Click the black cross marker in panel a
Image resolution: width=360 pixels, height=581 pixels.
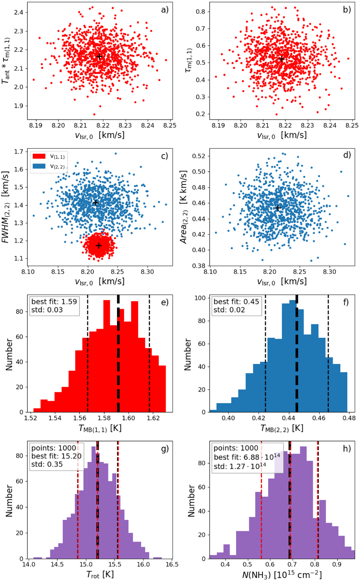[x=100, y=56]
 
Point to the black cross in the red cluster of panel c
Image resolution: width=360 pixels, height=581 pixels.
[x=99, y=246]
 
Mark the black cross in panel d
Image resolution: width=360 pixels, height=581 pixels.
[x=278, y=208]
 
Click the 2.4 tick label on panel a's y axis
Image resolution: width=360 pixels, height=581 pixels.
[x=19, y=12]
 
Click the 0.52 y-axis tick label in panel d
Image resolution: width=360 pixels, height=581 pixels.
[x=201, y=156]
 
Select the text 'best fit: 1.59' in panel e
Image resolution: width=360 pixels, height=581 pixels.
[x=54, y=301]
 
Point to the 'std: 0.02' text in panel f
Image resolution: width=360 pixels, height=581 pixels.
[x=229, y=310]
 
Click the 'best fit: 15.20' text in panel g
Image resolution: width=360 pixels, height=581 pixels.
[x=56, y=457]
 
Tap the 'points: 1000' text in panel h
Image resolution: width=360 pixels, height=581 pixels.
[x=236, y=448]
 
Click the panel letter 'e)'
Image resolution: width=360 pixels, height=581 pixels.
[x=165, y=302]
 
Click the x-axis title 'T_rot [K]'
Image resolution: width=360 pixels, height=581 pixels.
[x=100, y=574]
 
